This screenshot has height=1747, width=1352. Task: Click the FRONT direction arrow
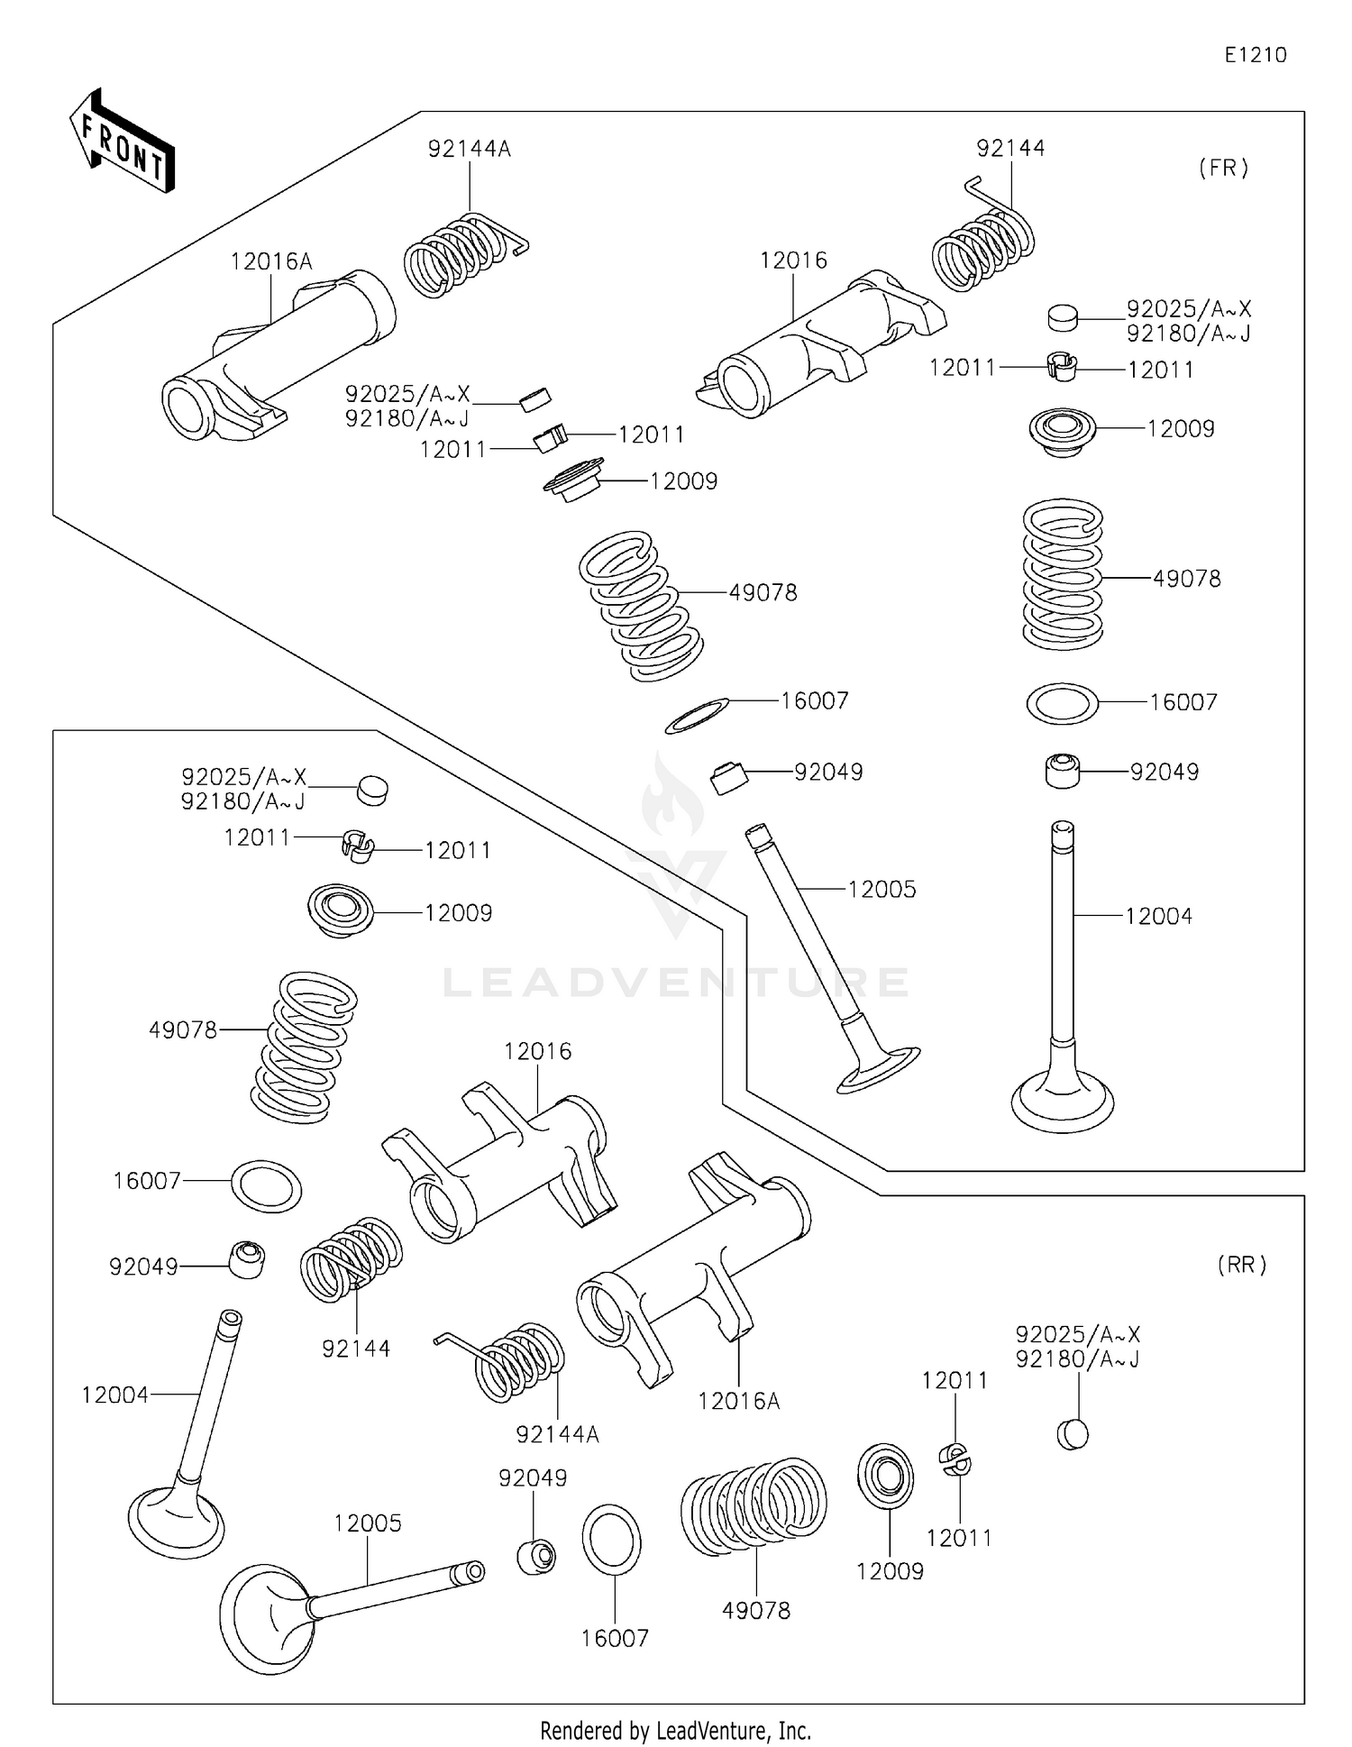(123, 143)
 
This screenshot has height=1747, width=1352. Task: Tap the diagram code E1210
(1255, 55)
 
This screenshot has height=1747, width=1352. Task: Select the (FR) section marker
(1223, 168)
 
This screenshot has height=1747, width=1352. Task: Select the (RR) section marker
(1242, 1265)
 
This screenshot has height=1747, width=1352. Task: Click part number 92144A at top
(469, 149)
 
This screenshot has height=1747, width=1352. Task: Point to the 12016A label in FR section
(271, 261)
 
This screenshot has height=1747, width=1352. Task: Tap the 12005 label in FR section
(882, 889)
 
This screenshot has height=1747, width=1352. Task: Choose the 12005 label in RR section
(367, 1523)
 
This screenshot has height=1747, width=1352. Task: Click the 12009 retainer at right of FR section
(1062, 432)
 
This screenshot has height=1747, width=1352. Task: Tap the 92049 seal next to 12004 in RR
(246, 1259)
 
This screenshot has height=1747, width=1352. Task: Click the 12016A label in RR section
(738, 1401)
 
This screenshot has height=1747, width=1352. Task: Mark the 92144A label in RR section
(557, 1433)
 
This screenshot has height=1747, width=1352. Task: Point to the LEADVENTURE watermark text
(676, 983)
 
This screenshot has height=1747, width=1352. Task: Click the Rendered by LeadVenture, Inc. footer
(675, 1730)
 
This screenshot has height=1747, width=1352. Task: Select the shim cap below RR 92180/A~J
(1072, 1433)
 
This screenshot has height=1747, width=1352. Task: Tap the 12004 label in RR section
(114, 1395)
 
